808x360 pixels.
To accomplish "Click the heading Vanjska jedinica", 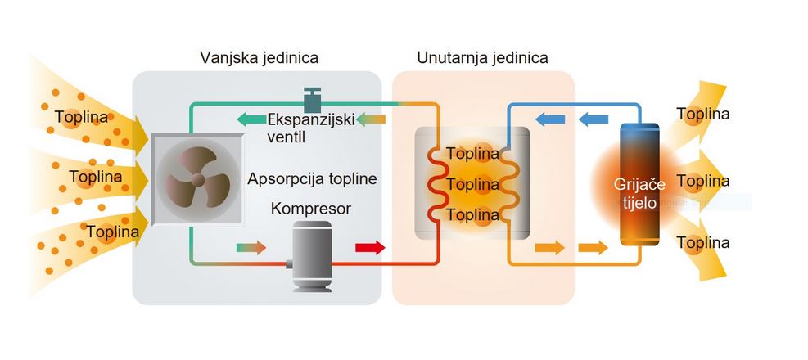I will [x=259, y=58].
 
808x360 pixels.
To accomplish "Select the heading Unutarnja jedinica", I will [x=482, y=58].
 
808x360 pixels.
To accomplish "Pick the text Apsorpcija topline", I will [x=312, y=179].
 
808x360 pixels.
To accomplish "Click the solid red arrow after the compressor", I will [x=369, y=247].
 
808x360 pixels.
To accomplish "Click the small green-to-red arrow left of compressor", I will [x=251, y=247].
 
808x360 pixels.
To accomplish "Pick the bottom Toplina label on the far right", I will [x=703, y=243].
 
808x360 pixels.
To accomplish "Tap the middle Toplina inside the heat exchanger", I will [x=472, y=184].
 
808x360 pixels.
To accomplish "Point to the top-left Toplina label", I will [x=82, y=117].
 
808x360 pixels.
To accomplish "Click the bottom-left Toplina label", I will [x=113, y=232].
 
